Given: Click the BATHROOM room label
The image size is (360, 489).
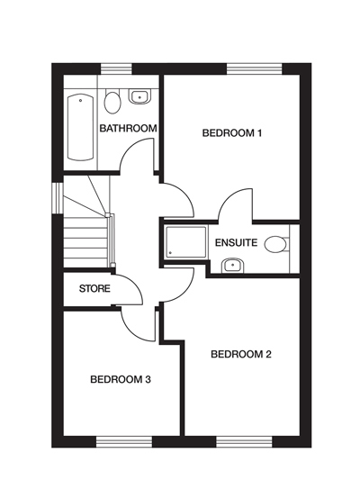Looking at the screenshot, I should (x=128, y=129).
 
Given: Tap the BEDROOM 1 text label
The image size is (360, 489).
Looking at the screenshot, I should (x=231, y=133).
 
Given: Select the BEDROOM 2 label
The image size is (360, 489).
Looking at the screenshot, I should (x=240, y=354).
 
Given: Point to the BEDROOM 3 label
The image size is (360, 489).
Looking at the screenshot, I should (x=120, y=379).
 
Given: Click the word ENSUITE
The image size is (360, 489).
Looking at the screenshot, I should (x=237, y=243).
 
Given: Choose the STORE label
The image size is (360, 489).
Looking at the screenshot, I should (x=94, y=289).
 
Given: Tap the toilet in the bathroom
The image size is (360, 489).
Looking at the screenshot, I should (x=112, y=100).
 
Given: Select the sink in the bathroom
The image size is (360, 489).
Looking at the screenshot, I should (x=139, y=95).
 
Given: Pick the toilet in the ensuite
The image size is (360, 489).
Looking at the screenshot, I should (x=279, y=243).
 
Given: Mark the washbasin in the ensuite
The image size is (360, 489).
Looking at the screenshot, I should (x=231, y=265).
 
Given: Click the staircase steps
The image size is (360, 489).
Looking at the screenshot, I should (x=85, y=239).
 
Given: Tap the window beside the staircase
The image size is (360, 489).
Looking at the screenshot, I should (x=58, y=197).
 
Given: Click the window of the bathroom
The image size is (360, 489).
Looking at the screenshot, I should (x=115, y=69).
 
